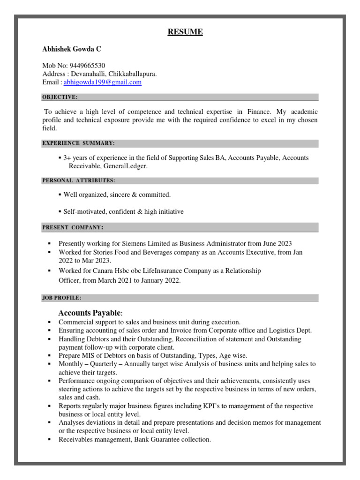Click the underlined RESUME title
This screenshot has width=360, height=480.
pos(186,32)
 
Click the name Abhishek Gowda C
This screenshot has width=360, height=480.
pos(71,49)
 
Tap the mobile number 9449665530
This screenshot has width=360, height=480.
pos(87,66)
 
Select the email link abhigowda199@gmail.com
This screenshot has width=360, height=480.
pos(102,82)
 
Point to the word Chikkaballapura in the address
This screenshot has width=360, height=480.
pos(133,74)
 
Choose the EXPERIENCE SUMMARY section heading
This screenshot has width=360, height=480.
pos(78,143)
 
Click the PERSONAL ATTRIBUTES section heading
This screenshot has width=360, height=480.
pos(79,180)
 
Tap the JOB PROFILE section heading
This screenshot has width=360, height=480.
pos(62,298)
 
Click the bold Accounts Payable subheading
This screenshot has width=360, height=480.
pos(90,313)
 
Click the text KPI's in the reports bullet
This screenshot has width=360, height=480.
pos(210,406)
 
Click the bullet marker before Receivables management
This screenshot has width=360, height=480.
pos(49,440)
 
